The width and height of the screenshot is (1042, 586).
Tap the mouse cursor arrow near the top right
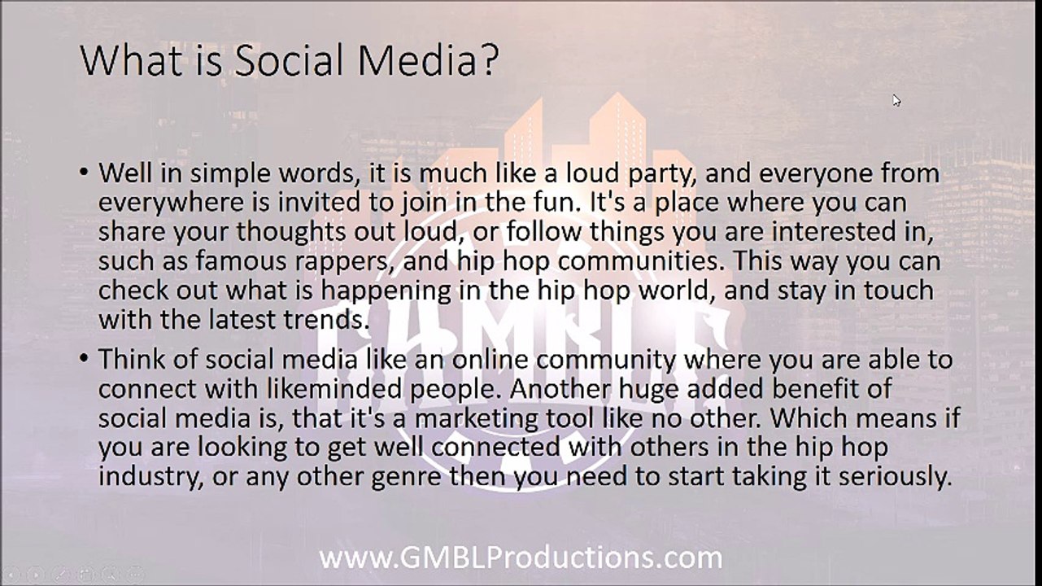pyautogui.click(x=896, y=100)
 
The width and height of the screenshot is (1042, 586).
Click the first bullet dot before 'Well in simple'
pyautogui.click(x=85, y=174)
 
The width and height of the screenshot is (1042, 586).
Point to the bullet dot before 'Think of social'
pyautogui.click(x=85, y=360)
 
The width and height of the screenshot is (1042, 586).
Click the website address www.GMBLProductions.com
pyautogui.click(x=521, y=558)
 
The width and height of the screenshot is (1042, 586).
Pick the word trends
pyautogui.click(x=324, y=319)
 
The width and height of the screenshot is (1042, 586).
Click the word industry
pyautogui.click(x=146, y=476)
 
